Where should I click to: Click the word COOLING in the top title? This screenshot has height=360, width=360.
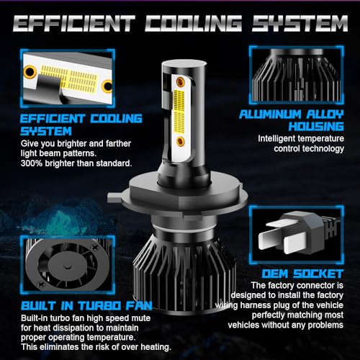[x=193, y=23]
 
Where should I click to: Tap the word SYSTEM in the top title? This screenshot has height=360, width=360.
[x=300, y=23]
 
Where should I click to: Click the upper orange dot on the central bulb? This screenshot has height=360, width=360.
[x=180, y=81]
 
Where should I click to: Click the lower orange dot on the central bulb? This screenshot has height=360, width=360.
[x=180, y=141]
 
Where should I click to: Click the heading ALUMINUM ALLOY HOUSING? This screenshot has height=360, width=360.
[x=292, y=120]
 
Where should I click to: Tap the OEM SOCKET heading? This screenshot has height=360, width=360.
[x=302, y=274]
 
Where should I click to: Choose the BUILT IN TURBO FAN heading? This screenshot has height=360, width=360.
[x=86, y=306]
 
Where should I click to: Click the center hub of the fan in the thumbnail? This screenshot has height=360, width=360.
[x=67, y=266]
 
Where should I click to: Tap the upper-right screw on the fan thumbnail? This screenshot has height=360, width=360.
[x=95, y=246]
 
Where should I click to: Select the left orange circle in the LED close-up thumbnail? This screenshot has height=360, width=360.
[x=30, y=71]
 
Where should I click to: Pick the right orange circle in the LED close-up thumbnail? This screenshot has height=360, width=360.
[x=107, y=86]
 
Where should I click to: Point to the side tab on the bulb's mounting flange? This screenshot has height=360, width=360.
[x=115, y=197]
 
